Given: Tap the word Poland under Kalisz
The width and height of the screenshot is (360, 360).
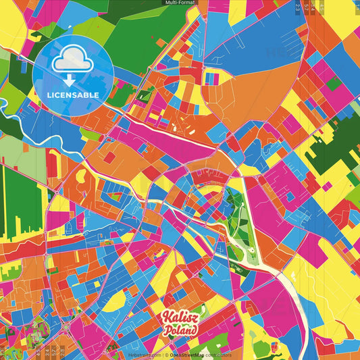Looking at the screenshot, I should (180, 330).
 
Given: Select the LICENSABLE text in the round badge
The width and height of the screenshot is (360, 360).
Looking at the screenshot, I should (74, 95).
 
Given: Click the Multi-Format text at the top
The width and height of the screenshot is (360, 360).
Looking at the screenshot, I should (180, 3).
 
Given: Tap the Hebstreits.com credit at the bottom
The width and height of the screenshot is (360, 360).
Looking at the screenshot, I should (143, 355).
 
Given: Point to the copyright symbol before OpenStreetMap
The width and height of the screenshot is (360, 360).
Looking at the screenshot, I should (167, 355).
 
